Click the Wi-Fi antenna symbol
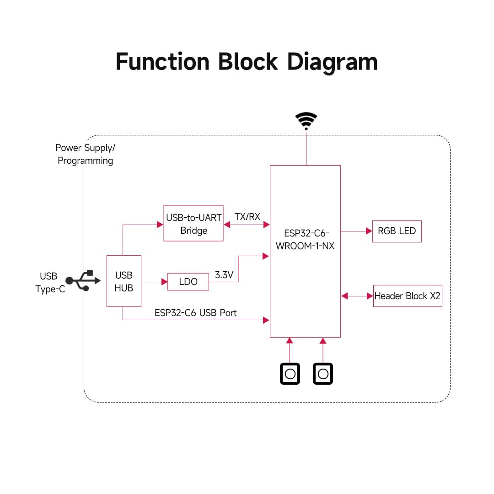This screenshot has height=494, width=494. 306,121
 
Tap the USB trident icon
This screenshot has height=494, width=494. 83,280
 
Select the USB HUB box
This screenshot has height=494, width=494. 123,281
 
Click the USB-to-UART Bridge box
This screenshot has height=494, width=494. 193,223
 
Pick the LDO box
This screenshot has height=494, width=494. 188,282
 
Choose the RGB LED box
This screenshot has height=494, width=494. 397,231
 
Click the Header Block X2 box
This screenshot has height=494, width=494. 407,296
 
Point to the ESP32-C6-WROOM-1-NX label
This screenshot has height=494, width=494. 305,240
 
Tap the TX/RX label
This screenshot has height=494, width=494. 247,217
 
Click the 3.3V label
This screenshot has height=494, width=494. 224,275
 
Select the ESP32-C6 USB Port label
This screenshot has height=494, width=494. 195,313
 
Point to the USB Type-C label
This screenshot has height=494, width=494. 50,283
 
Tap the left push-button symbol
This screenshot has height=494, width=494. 290,374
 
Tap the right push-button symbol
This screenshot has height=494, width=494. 323,374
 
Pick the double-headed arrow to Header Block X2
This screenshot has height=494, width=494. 357,296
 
